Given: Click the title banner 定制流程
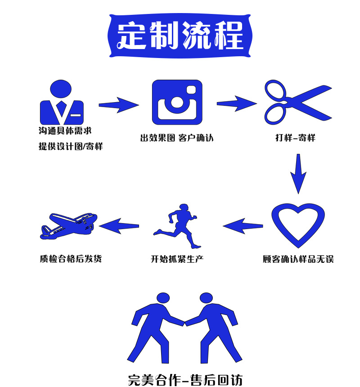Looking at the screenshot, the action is click(x=180, y=36).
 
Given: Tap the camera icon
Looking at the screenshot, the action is click(x=177, y=103).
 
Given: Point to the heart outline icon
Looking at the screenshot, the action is click(x=298, y=225).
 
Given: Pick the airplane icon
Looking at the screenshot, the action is click(x=68, y=225).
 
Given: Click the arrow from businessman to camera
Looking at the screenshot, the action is click(x=118, y=105).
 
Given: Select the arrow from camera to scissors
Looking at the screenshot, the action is click(x=237, y=103).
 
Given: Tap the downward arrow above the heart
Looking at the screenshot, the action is click(x=298, y=174).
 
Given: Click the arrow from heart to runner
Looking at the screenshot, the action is click(x=243, y=225).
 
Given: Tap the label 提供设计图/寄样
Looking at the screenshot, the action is click(x=71, y=146).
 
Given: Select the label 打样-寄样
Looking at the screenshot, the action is click(x=295, y=138).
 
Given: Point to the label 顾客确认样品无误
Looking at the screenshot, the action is click(x=298, y=259).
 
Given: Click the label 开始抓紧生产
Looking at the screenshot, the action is click(x=177, y=259).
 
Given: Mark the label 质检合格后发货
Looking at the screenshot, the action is click(x=71, y=259).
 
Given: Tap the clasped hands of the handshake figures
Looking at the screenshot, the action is click(x=184, y=322).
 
